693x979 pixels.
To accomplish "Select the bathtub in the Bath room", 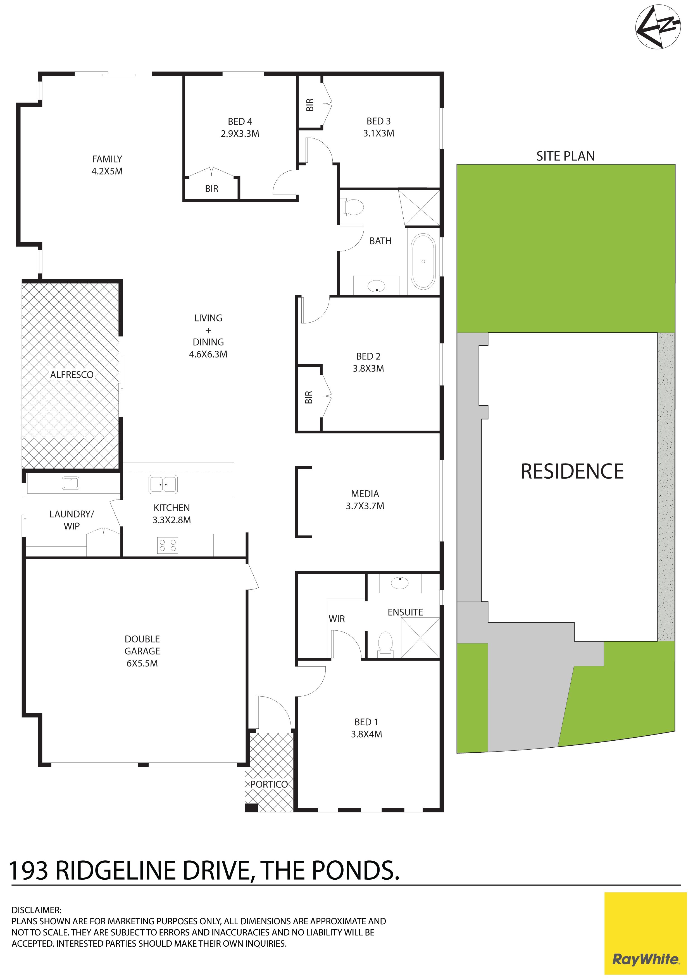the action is click(423, 261).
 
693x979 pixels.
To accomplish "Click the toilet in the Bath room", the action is click(353, 207).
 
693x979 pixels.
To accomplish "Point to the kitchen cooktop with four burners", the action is click(168, 545).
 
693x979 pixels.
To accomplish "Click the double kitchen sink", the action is click(163, 485).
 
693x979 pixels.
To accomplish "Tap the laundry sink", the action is click(70, 483).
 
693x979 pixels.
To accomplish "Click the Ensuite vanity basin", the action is click(400, 583).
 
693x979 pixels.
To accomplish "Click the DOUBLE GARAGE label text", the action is click(142, 651).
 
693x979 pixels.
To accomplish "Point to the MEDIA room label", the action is click(365, 500).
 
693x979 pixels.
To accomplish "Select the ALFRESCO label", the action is click(72, 375).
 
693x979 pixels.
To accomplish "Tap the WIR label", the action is click(337, 619).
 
